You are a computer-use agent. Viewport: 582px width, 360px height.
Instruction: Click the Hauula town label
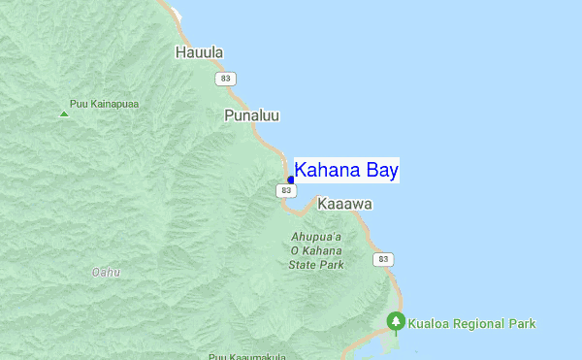(x=199, y=52)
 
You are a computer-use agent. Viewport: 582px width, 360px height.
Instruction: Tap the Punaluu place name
(x=251, y=115)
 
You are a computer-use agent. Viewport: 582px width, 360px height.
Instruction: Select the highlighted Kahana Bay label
(x=346, y=171)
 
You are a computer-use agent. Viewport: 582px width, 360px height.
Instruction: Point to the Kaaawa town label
(x=344, y=206)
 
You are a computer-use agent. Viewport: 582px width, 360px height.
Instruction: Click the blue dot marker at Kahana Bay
(x=291, y=180)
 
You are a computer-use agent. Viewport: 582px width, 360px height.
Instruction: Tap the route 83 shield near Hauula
(x=226, y=78)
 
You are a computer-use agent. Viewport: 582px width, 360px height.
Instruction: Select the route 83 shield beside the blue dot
(x=285, y=191)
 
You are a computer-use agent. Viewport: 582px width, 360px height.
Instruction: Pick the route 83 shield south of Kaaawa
(x=385, y=259)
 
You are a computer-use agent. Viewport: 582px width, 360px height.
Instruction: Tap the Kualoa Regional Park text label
(x=471, y=323)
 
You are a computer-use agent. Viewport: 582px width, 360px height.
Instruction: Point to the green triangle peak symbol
(x=64, y=114)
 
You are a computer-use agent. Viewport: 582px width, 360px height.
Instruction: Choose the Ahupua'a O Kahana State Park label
(x=317, y=250)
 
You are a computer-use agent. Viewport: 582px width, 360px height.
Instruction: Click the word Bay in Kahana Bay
(x=381, y=171)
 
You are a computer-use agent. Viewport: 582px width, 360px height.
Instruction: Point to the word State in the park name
(x=304, y=264)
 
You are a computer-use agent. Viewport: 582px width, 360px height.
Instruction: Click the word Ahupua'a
(x=317, y=236)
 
